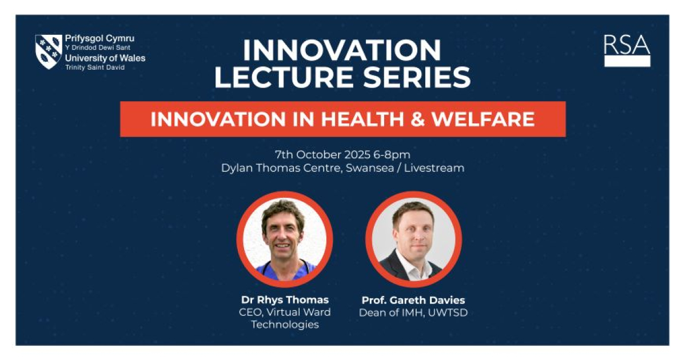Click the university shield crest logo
coord(49,51)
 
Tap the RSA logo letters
coord(627,45)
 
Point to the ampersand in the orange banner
coord(417,119)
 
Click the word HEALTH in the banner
coord(362,119)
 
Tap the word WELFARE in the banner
coord(483,119)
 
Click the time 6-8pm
coord(392,155)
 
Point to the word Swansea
coord(370,168)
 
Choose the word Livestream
coord(434,168)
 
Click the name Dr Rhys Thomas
coord(285,300)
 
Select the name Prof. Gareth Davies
coord(413,300)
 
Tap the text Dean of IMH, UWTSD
coord(413,313)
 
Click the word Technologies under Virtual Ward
coord(285,325)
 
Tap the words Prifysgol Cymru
coord(99,39)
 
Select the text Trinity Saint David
coord(95,67)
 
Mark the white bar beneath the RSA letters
coord(627,61)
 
